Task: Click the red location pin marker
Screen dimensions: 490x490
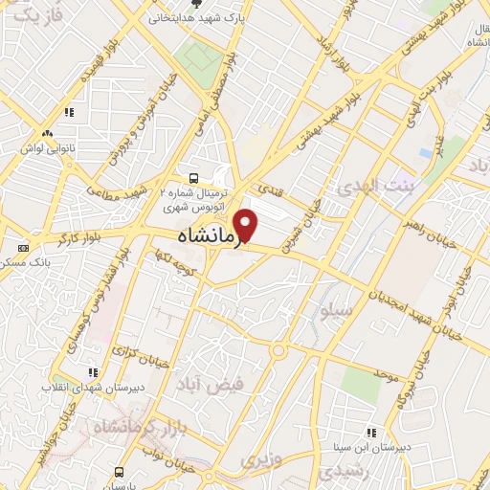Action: click(x=246, y=225)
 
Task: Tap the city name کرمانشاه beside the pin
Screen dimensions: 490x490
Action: click(x=205, y=235)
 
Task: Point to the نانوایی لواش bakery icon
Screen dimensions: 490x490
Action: click(x=47, y=133)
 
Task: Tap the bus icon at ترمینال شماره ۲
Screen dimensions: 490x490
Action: click(x=194, y=177)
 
